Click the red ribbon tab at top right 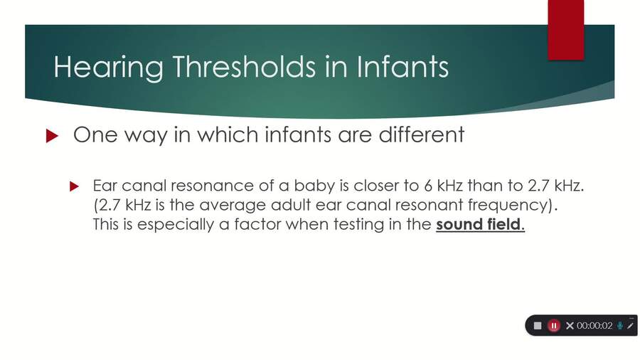[566, 28]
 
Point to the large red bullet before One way [50, 136]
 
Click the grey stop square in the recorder [538, 325]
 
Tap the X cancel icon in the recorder [570, 325]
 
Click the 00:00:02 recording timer [594, 325]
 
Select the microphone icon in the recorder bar [620, 325]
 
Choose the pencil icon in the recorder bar [631, 325]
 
